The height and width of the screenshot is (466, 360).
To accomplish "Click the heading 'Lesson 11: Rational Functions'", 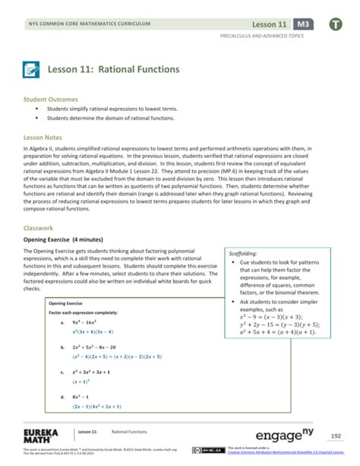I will coord(114,69).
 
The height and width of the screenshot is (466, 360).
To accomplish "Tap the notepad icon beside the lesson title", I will coord(34,69).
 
